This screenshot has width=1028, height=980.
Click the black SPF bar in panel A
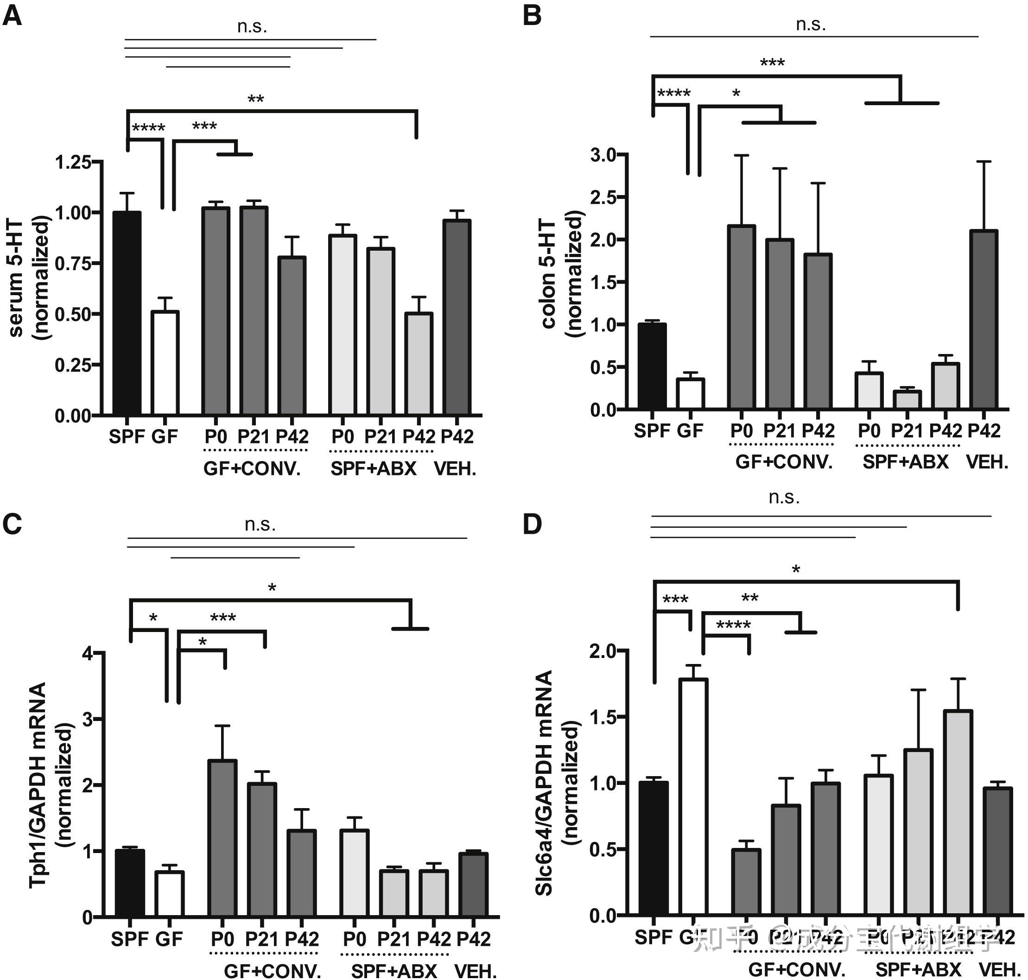127,313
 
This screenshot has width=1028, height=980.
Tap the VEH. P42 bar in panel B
984,319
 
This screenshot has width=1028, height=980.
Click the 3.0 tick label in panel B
603,155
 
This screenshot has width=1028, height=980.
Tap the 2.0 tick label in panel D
602,652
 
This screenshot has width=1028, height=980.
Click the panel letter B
532,16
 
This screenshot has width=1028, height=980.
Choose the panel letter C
12,524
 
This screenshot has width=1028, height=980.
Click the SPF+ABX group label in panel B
905,462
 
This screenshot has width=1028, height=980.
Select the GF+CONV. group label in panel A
252,468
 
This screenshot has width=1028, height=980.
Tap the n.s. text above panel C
260,524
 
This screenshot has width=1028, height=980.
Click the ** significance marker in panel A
255,99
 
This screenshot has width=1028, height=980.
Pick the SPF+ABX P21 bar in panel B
907,399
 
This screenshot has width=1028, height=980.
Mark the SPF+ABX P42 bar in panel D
958,813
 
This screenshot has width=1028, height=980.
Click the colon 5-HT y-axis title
549,274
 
